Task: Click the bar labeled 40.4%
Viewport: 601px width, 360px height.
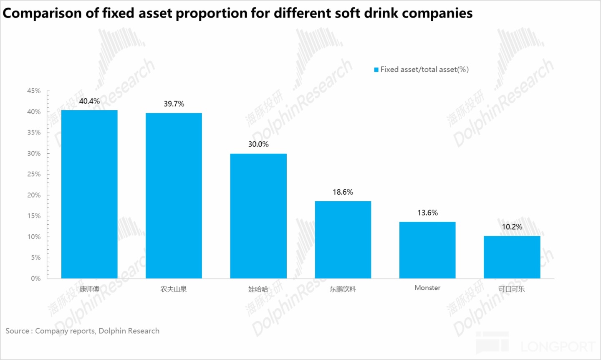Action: point(89,194)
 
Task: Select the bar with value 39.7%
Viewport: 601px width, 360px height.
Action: point(174,195)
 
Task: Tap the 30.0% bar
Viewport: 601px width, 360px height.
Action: point(258,216)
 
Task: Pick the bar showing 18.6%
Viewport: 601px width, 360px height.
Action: point(343,240)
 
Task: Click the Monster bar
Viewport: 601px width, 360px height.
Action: point(427,250)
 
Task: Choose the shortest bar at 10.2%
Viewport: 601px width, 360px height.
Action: point(512,257)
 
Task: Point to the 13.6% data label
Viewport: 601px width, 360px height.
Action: point(427,213)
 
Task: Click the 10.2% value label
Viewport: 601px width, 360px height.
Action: point(512,227)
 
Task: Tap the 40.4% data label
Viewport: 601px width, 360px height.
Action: point(89,101)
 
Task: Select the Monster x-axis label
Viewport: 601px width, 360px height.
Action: point(427,288)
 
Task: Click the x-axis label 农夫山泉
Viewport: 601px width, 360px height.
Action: point(174,289)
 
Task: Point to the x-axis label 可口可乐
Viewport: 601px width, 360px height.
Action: point(512,289)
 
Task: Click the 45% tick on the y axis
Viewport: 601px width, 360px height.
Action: point(34,91)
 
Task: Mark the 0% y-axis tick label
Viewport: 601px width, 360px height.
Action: point(35,278)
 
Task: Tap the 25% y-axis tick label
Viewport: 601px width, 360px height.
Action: point(34,174)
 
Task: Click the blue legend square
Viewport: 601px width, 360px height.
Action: point(376,70)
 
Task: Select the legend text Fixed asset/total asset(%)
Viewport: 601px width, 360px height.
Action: point(424,69)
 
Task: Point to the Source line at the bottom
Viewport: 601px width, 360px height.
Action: point(82,331)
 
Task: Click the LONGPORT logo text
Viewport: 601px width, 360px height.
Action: point(557,346)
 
